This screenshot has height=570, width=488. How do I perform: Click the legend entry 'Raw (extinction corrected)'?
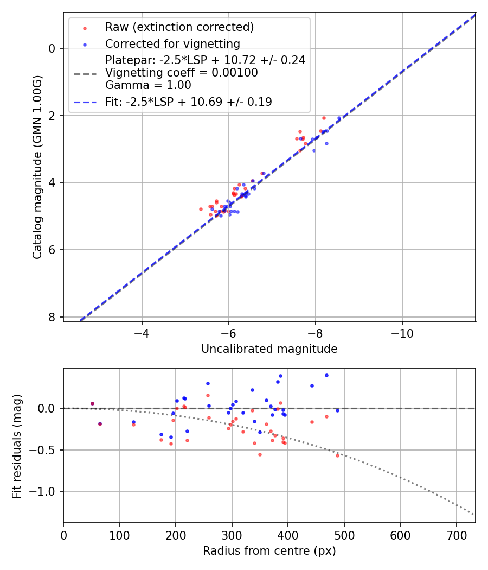pyautogui.click(x=179, y=27)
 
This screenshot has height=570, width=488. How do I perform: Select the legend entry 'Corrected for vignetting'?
pyautogui.click(x=172, y=43)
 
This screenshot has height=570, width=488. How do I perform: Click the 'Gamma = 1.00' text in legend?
pyautogui.click(x=148, y=85)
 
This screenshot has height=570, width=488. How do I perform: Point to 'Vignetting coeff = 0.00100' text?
pyautogui.click(x=182, y=72)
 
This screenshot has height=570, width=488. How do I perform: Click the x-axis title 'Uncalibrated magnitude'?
pyautogui.click(x=269, y=349)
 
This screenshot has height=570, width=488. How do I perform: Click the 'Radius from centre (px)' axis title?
pyautogui.click(x=269, y=551)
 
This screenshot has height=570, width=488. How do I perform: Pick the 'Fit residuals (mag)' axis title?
pyautogui.click(x=17, y=446)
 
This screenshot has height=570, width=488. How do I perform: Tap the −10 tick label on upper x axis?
pyautogui.click(x=402, y=332)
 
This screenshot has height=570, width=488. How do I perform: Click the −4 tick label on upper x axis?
pyautogui.click(x=142, y=332)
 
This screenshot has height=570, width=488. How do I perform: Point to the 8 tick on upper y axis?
pyautogui.click(x=52, y=317)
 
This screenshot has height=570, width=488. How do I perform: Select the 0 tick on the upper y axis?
pyautogui.click(x=52, y=48)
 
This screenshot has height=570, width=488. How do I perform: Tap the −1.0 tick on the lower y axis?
pyautogui.click(x=46, y=492)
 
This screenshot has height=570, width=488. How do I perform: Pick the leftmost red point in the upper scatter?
pyautogui.click(x=201, y=209)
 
